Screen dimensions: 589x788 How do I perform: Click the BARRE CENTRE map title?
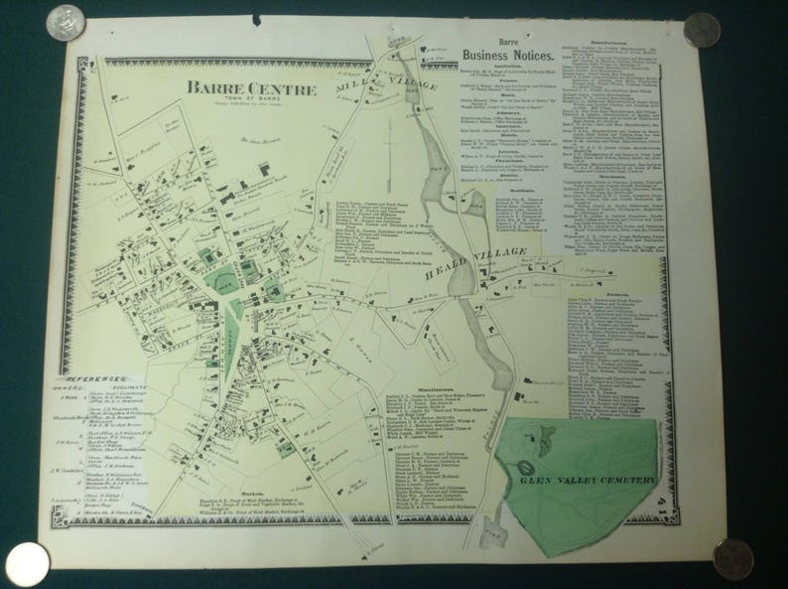coord(251,89)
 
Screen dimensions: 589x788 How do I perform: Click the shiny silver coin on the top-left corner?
coord(66,22)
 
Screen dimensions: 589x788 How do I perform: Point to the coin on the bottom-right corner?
coord(732,556)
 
